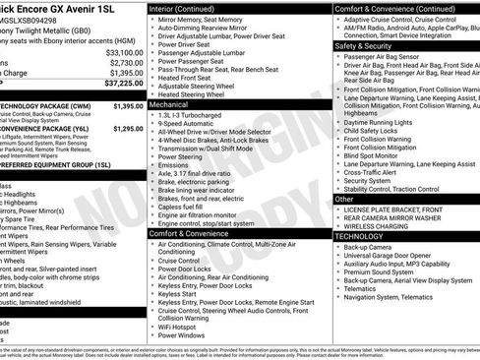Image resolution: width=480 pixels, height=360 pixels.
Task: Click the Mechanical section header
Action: pos(170,102)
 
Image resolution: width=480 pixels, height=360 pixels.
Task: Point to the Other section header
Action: pos(343,199)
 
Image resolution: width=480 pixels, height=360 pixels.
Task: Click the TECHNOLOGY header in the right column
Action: pos(359,237)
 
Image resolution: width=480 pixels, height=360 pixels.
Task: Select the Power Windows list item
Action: pos(183,335)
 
